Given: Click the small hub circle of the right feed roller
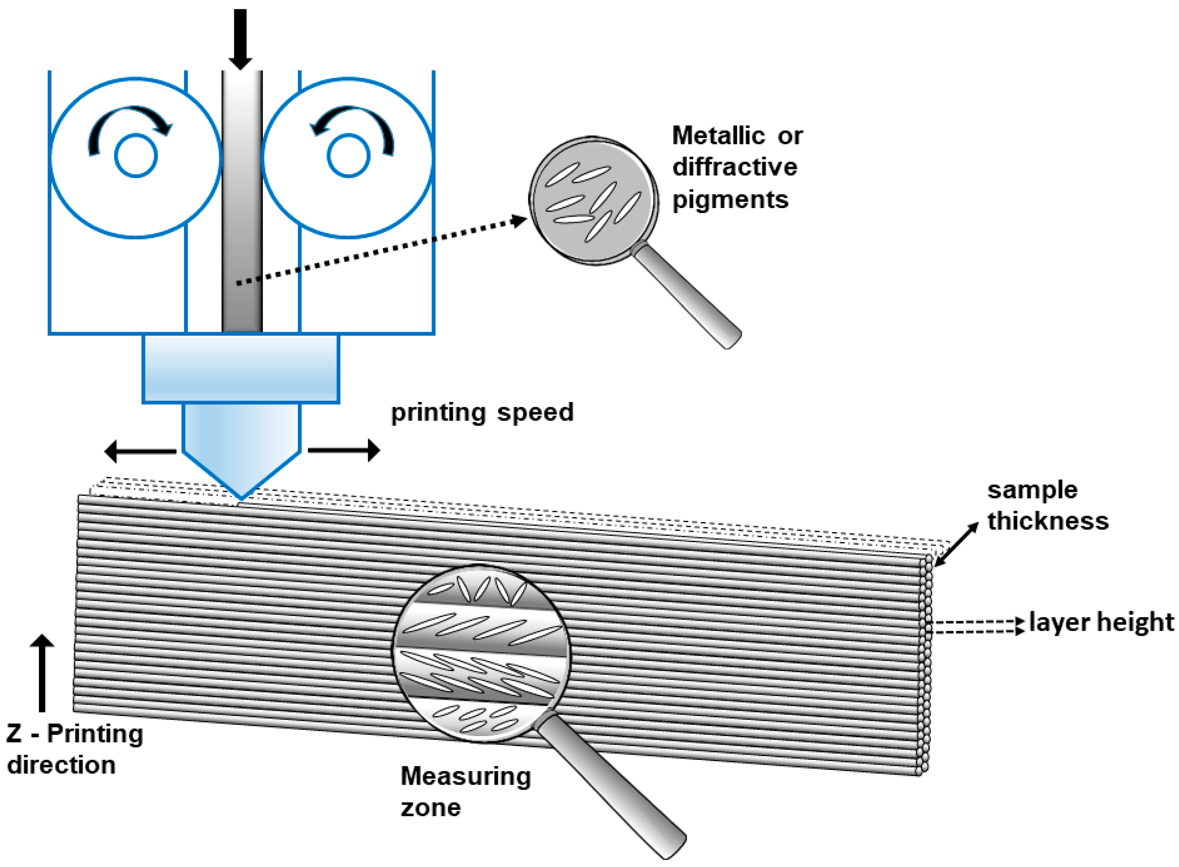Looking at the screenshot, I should pyautogui.click(x=348, y=156).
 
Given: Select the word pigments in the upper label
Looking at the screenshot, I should pyautogui.click(x=730, y=200).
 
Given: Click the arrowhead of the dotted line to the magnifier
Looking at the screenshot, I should pyautogui.click(x=519, y=220).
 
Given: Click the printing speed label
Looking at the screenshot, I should pyautogui.click(x=482, y=412).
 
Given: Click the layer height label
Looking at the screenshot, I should pyautogui.click(x=1101, y=622).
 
